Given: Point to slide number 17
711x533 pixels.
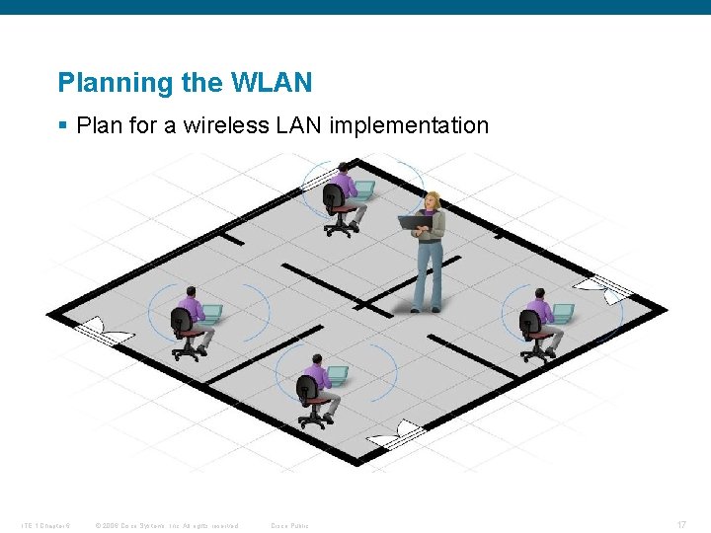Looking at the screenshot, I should pos(681,524).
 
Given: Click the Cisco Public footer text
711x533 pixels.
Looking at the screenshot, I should pos(289,525).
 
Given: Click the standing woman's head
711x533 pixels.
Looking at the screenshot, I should pos(431,200).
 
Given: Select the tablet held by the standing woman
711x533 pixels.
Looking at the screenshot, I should pos(411,222).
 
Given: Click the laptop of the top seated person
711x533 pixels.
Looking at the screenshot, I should pos(363,189).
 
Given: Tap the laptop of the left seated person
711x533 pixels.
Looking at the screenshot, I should pos(211,313).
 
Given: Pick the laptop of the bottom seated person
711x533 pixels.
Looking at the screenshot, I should pos(337,375).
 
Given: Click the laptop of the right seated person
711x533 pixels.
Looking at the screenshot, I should pos(562,312).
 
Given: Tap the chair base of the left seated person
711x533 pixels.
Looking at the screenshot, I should pos(187,351).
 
